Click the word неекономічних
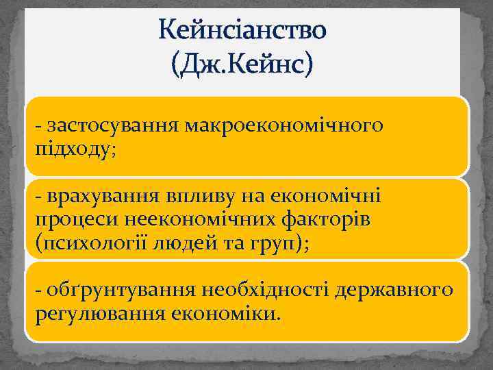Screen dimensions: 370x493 [191, 219]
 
